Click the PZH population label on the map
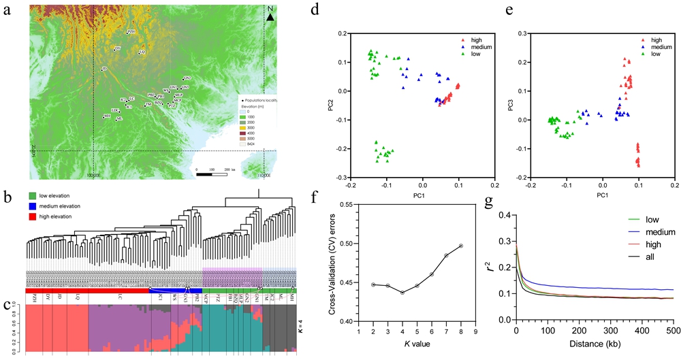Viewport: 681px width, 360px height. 132,31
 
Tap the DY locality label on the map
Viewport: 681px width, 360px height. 118,48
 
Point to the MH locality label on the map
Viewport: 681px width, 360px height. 107,116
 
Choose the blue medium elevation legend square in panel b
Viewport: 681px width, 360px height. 32,207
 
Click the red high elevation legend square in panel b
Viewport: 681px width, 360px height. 32,216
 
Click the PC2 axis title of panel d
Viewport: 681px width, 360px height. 331,106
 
